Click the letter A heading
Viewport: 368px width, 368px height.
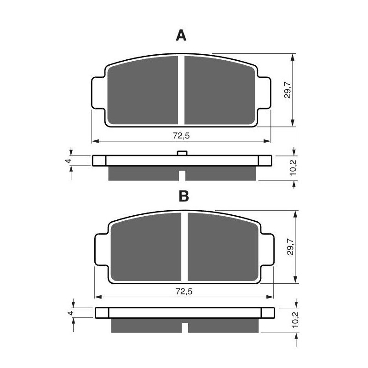point(182,35)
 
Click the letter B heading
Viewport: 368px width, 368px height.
point(184,196)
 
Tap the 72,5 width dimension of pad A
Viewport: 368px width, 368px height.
point(181,135)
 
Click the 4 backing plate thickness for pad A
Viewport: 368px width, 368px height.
point(67,161)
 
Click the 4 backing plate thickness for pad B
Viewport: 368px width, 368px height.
point(70,313)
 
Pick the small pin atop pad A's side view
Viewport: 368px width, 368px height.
point(182,153)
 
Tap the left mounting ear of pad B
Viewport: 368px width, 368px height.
point(101,250)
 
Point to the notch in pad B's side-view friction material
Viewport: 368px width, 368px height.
point(184,328)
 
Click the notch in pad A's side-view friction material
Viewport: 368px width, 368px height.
point(182,175)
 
